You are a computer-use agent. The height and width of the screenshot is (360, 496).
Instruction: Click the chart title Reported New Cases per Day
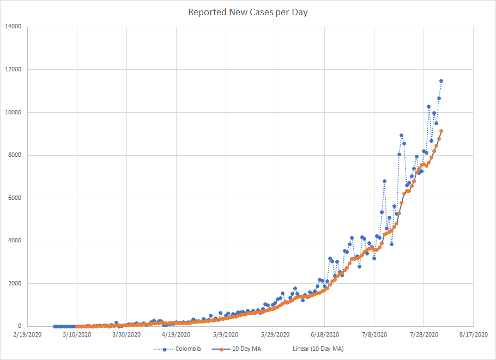click(248, 12)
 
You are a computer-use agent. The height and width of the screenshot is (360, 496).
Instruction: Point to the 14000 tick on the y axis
click(13, 26)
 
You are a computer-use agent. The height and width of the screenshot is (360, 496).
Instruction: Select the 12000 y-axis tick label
click(13, 69)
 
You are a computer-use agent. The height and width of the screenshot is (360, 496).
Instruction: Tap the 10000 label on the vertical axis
click(13, 112)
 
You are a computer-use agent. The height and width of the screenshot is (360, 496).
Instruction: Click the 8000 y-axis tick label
click(14, 155)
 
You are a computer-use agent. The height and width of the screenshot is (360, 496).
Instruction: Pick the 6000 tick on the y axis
click(14, 198)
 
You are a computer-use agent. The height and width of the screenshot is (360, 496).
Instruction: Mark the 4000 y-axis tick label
click(14, 241)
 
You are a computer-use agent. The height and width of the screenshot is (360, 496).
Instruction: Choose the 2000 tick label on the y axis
click(14, 283)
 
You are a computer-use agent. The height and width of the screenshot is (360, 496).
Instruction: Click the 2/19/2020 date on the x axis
click(27, 334)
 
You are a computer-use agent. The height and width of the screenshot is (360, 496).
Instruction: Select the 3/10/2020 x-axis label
click(77, 334)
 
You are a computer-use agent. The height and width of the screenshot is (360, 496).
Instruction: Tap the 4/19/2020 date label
click(176, 334)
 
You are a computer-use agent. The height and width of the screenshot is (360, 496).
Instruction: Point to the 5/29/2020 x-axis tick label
click(275, 334)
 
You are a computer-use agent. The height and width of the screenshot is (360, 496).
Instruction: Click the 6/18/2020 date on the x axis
click(325, 334)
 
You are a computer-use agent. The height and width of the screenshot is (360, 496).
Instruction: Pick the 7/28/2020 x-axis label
click(424, 334)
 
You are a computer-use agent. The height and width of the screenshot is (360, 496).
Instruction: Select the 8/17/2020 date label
click(474, 334)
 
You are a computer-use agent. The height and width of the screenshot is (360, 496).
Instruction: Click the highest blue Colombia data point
click(441, 81)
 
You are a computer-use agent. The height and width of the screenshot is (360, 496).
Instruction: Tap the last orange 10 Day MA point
click(441, 131)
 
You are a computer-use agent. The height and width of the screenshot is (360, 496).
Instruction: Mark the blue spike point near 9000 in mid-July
click(401, 135)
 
